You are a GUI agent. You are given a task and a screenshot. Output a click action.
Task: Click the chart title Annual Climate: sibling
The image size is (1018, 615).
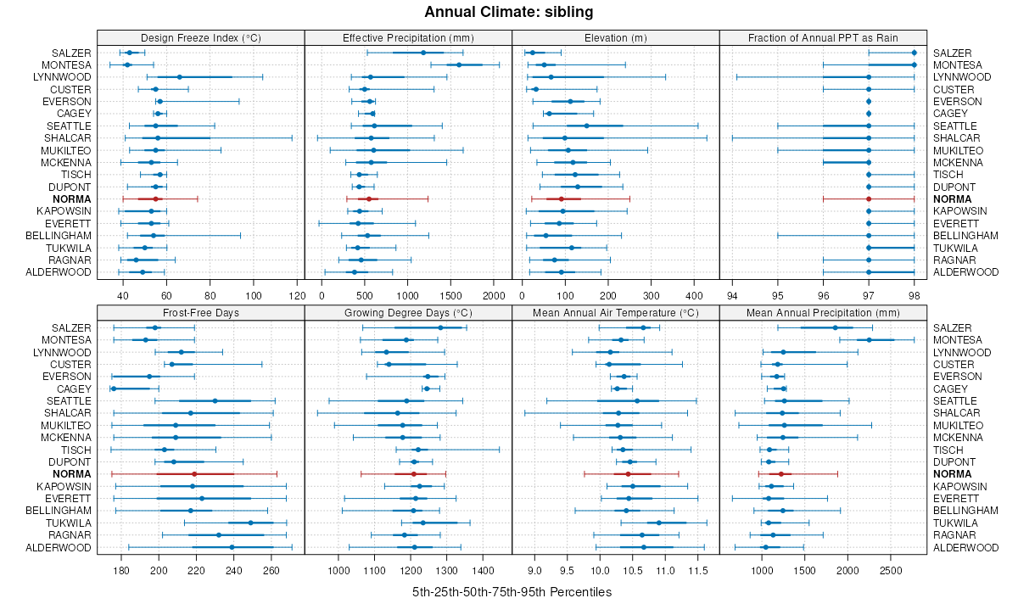pyautogui.click(x=508, y=12)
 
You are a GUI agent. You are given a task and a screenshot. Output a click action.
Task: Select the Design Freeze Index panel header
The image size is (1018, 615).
pyautogui.click(x=200, y=37)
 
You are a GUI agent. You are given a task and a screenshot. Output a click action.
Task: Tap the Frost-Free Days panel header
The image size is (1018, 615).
pyautogui.click(x=200, y=312)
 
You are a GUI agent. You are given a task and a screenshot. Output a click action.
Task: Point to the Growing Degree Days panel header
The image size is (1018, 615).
pyautogui.click(x=408, y=312)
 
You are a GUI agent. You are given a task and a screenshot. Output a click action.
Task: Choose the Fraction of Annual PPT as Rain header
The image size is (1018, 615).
pyautogui.click(x=823, y=37)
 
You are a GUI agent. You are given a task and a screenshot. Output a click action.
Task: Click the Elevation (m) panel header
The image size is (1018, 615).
pyautogui.click(x=616, y=37)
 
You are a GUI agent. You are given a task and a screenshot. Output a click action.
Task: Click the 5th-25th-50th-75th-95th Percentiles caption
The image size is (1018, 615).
pyautogui.click(x=512, y=591)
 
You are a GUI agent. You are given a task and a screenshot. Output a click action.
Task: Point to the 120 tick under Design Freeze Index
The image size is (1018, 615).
pyautogui.click(x=297, y=295)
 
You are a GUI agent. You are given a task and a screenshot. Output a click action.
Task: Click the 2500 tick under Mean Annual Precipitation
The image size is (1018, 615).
pyautogui.click(x=891, y=570)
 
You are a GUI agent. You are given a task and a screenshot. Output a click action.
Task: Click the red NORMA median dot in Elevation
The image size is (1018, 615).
pyautogui.click(x=561, y=198)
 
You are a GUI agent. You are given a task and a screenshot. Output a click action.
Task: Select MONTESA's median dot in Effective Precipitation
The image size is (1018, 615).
pyautogui.click(x=459, y=64)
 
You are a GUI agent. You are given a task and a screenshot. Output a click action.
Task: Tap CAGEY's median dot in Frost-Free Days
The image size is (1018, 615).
pyautogui.click(x=114, y=389)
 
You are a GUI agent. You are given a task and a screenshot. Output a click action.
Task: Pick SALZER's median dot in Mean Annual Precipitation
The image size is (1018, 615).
pyautogui.click(x=835, y=327)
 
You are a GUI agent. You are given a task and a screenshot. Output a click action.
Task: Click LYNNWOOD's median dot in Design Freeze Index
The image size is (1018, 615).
pyautogui.click(x=180, y=77)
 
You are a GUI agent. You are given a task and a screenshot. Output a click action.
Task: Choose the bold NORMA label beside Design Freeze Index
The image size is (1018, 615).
pyautogui.click(x=72, y=198)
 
